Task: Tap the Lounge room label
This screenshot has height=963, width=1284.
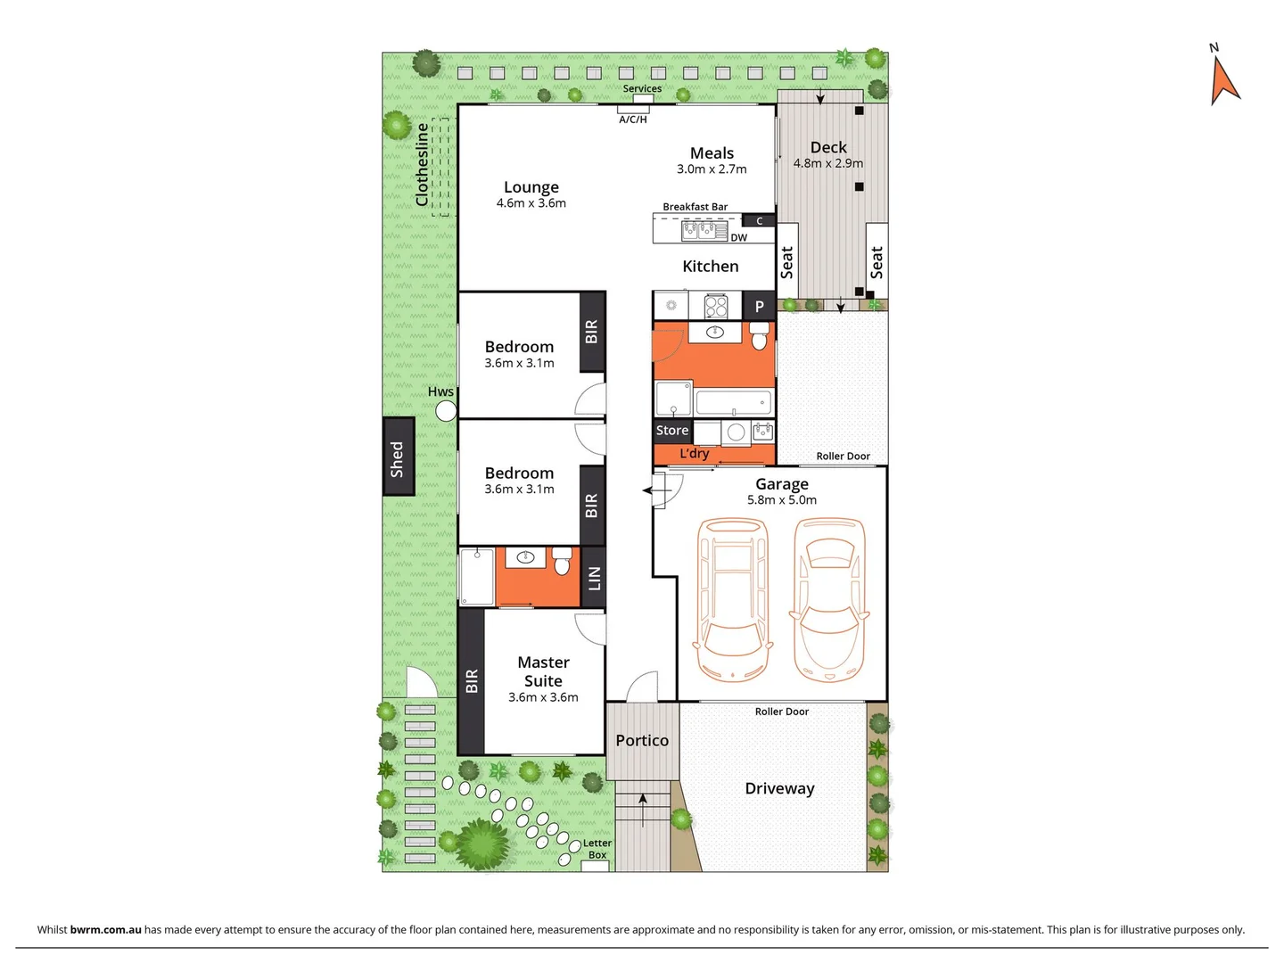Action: coord(531,187)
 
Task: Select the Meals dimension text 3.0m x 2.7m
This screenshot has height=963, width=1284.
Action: coord(712,169)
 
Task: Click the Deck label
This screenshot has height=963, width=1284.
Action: coord(828,147)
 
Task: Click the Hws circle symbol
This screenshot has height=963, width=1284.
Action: coord(446,411)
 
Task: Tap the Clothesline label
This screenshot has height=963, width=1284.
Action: coord(423,165)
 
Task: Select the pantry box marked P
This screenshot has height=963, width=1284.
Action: coord(760,306)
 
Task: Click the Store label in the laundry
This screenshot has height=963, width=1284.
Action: coord(672,431)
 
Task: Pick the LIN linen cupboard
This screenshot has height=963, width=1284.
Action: coord(594,578)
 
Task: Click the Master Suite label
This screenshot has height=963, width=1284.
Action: coord(543,671)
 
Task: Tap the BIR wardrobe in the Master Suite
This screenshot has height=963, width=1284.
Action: coord(472,681)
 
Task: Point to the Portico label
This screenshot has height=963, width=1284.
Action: coord(642,741)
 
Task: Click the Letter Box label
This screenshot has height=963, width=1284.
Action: coord(597,849)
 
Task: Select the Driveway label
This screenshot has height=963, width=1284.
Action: coord(779,788)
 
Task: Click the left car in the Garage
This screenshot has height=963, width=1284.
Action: coord(733,599)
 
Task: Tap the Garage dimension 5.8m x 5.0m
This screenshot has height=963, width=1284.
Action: coord(782,500)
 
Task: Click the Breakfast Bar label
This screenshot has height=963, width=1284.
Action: coord(695,207)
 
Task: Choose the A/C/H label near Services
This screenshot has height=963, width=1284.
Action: coord(633,119)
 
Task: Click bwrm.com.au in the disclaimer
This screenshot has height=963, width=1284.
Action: coord(105,929)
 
